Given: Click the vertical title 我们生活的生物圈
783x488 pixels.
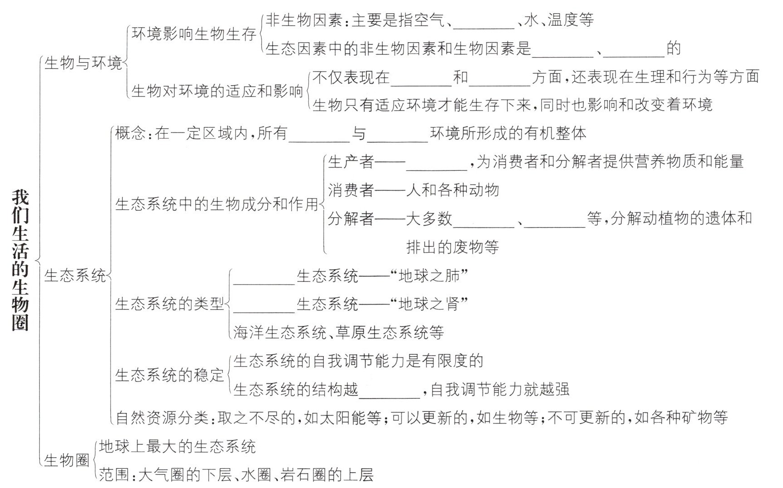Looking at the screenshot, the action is (x=20, y=260).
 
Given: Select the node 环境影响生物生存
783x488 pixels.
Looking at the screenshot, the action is (x=194, y=34).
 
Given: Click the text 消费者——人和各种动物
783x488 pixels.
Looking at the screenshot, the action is (x=413, y=190).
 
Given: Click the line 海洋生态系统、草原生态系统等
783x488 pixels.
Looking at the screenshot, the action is (x=338, y=333).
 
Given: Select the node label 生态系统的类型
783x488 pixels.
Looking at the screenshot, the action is (x=170, y=304).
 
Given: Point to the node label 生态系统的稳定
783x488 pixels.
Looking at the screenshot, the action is (x=170, y=375).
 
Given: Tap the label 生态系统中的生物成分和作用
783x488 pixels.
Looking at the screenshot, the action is (x=217, y=204).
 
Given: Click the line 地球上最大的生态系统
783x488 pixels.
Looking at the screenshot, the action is (x=178, y=447).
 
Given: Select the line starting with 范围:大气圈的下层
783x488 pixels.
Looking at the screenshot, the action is (x=236, y=475).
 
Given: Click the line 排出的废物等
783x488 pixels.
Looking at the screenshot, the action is (x=452, y=247).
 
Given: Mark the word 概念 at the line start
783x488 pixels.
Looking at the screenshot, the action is (x=130, y=133).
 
